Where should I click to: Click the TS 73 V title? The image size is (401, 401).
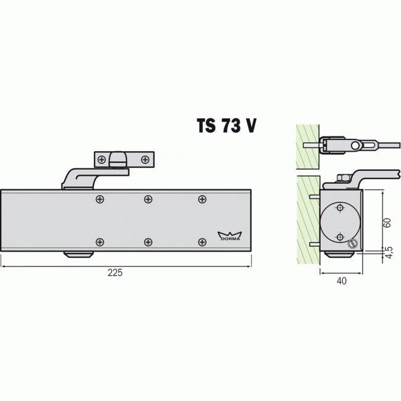click(x=226, y=126)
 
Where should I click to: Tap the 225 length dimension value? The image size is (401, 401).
click(x=115, y=273)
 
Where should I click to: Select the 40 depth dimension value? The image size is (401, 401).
click(x=342, y=281)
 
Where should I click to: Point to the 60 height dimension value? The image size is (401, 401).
click(x=387, y=223)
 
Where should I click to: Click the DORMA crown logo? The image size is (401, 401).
click(x=229, y=236)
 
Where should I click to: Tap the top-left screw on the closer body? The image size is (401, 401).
click(x=100, y=199)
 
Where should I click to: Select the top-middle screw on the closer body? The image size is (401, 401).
click(x=148, y=199)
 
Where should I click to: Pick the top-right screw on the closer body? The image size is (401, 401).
click(x=202, y=199)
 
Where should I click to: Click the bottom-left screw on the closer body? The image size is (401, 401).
click(x=100, y=242)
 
